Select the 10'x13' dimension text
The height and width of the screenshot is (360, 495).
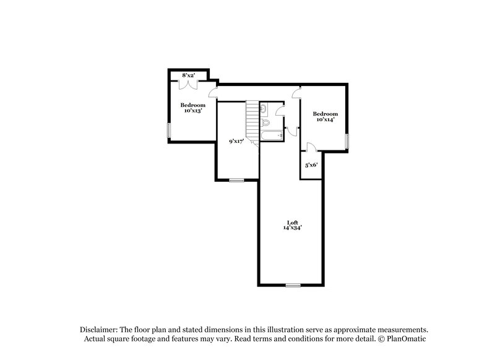tap(192, 111)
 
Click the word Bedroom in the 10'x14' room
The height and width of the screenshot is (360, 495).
tap(325, 114)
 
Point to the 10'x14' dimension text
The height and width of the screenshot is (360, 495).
tap(325, 120)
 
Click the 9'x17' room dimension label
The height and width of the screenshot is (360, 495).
tap(236, 142)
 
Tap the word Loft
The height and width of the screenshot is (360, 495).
tap(292, 223)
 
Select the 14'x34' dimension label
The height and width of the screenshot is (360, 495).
tap(292, 229)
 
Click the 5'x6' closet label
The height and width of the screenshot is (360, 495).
tap(311, 165)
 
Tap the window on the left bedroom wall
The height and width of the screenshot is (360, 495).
tap(169, 131)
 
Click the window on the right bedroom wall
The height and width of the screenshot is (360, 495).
tap(348, 141)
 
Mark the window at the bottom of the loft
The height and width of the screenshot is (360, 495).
tap(293, 285)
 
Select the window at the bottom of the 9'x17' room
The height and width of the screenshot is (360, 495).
tap(236, 180)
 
